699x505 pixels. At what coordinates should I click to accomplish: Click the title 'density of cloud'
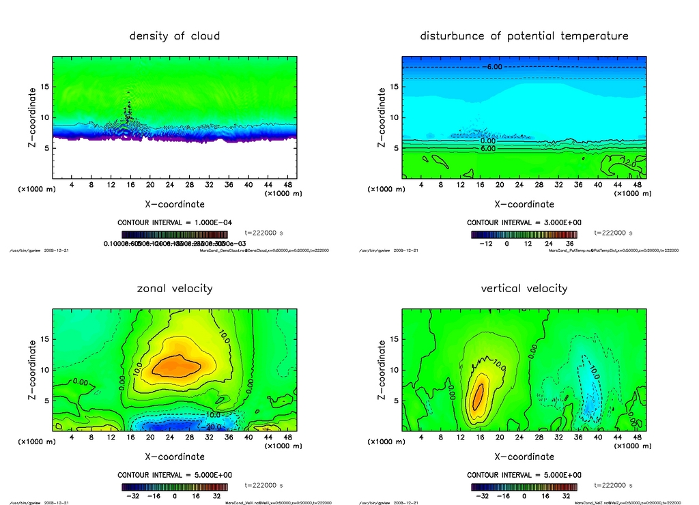pyautogui.click(x=175, y=36)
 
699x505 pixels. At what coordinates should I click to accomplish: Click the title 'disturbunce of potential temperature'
pyautogui.click(x=524, y=36)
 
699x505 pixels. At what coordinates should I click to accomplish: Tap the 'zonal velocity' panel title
pyautogui.click(x=175, y=289)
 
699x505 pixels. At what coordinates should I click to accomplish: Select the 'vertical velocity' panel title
pyautogui.click(x=524, y=289)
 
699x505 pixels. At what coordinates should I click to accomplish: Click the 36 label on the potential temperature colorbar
pyautogui.click(x=568, y=244)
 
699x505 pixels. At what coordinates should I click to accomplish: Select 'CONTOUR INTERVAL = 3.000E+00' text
pyautogui.click(x=524, y=222)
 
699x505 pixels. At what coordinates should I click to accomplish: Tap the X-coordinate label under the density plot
pyautogui.click(x=175, y=203)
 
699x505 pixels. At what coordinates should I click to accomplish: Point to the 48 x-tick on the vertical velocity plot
pyautogui.click(x=637, y=437)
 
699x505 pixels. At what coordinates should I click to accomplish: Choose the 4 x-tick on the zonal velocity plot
pyautogui.click(x=72, y=437)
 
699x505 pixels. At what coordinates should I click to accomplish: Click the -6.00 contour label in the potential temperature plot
pyautogui.click(x=493, y=67)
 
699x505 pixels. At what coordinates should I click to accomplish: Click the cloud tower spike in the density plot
pyautogui.click(x=128, y=109)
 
